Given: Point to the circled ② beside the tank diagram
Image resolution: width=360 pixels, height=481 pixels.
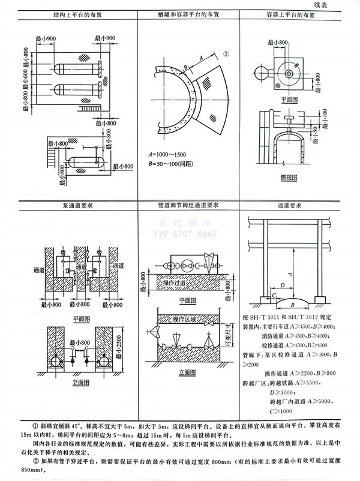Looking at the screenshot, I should click(x=226, y=53).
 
